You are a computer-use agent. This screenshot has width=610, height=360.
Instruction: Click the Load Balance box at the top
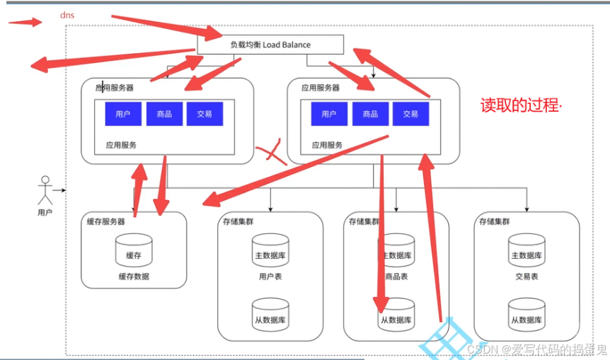pyautogui.click(x=270, y=45)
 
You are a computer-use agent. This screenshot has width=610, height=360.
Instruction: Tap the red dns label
pyautogui.click(x=68, y=14)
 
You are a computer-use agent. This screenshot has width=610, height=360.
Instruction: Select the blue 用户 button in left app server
pyautogui.click(x=123, y=114)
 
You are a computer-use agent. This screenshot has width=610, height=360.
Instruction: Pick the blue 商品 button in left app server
pyautogui.click(x=164, y=114)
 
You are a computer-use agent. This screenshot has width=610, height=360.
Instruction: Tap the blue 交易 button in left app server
pyautogui.click(x=205, y=114)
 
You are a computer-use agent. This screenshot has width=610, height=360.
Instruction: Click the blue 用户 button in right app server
pyautogui.click(x=328, y=114)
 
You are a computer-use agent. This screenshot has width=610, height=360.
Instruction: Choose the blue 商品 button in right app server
pyautogui.click(x=369, y=114)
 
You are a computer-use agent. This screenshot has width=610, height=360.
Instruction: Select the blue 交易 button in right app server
pyautogui.click(x=410, y=114)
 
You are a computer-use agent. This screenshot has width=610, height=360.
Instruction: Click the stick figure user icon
pyautogui.click(x=45, y=190)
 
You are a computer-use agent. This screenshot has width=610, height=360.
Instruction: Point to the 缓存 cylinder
pyautogui.click(x=134, y=250)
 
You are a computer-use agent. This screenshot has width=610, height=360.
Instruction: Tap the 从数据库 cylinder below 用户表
pyautogui.click(x=270, y=315)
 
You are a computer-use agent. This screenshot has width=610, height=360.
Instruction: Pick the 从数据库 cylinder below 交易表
pyautogui.click(x=526, y=315)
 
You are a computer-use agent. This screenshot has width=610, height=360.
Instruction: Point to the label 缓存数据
pyautogui.click(x=134, y=277)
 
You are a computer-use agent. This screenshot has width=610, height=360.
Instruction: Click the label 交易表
pyautogui.click(x=526, y=277)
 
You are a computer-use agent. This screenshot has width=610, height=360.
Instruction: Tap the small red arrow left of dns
pyautogui.click(x=25, y=21)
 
